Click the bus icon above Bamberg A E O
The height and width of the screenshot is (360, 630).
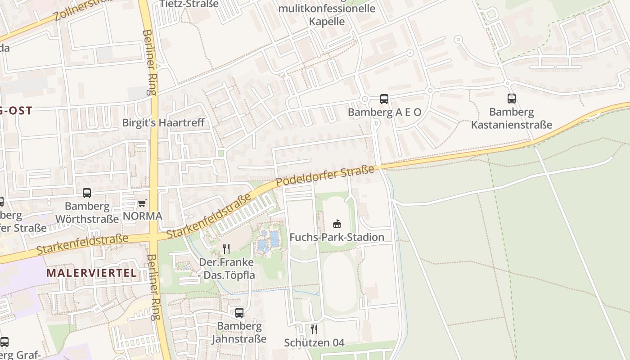[x=384, y=99]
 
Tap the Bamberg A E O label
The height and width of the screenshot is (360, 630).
[x=384, y=112]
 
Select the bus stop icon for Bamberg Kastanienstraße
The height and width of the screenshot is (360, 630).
[x=511, y=99]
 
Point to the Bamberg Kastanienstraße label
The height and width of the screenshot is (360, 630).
[x=511, y=118]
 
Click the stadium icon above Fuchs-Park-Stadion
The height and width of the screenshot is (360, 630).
[x=337, y=223]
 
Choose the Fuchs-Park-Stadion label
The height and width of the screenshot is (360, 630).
[x=337, y=237]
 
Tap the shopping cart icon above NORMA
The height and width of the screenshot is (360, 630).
[x=142, y=203]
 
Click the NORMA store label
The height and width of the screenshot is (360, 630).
[x=142, y=216]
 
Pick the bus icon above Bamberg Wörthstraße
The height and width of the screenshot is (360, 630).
[x=87, y=193]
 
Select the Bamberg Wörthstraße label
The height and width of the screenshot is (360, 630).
[x=87, y=212]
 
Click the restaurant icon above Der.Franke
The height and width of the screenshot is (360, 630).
[x=226, y=248]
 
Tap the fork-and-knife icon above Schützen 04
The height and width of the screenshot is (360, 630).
[x=314, y=329]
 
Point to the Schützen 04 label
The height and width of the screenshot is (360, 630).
[x=314, y=343]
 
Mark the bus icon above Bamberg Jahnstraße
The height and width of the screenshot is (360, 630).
[x=239, y=312]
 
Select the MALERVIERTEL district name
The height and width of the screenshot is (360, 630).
[x=91, y=273]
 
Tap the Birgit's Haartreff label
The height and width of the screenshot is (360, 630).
[x=163, y=122]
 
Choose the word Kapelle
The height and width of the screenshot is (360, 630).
[x=327, y=21]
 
